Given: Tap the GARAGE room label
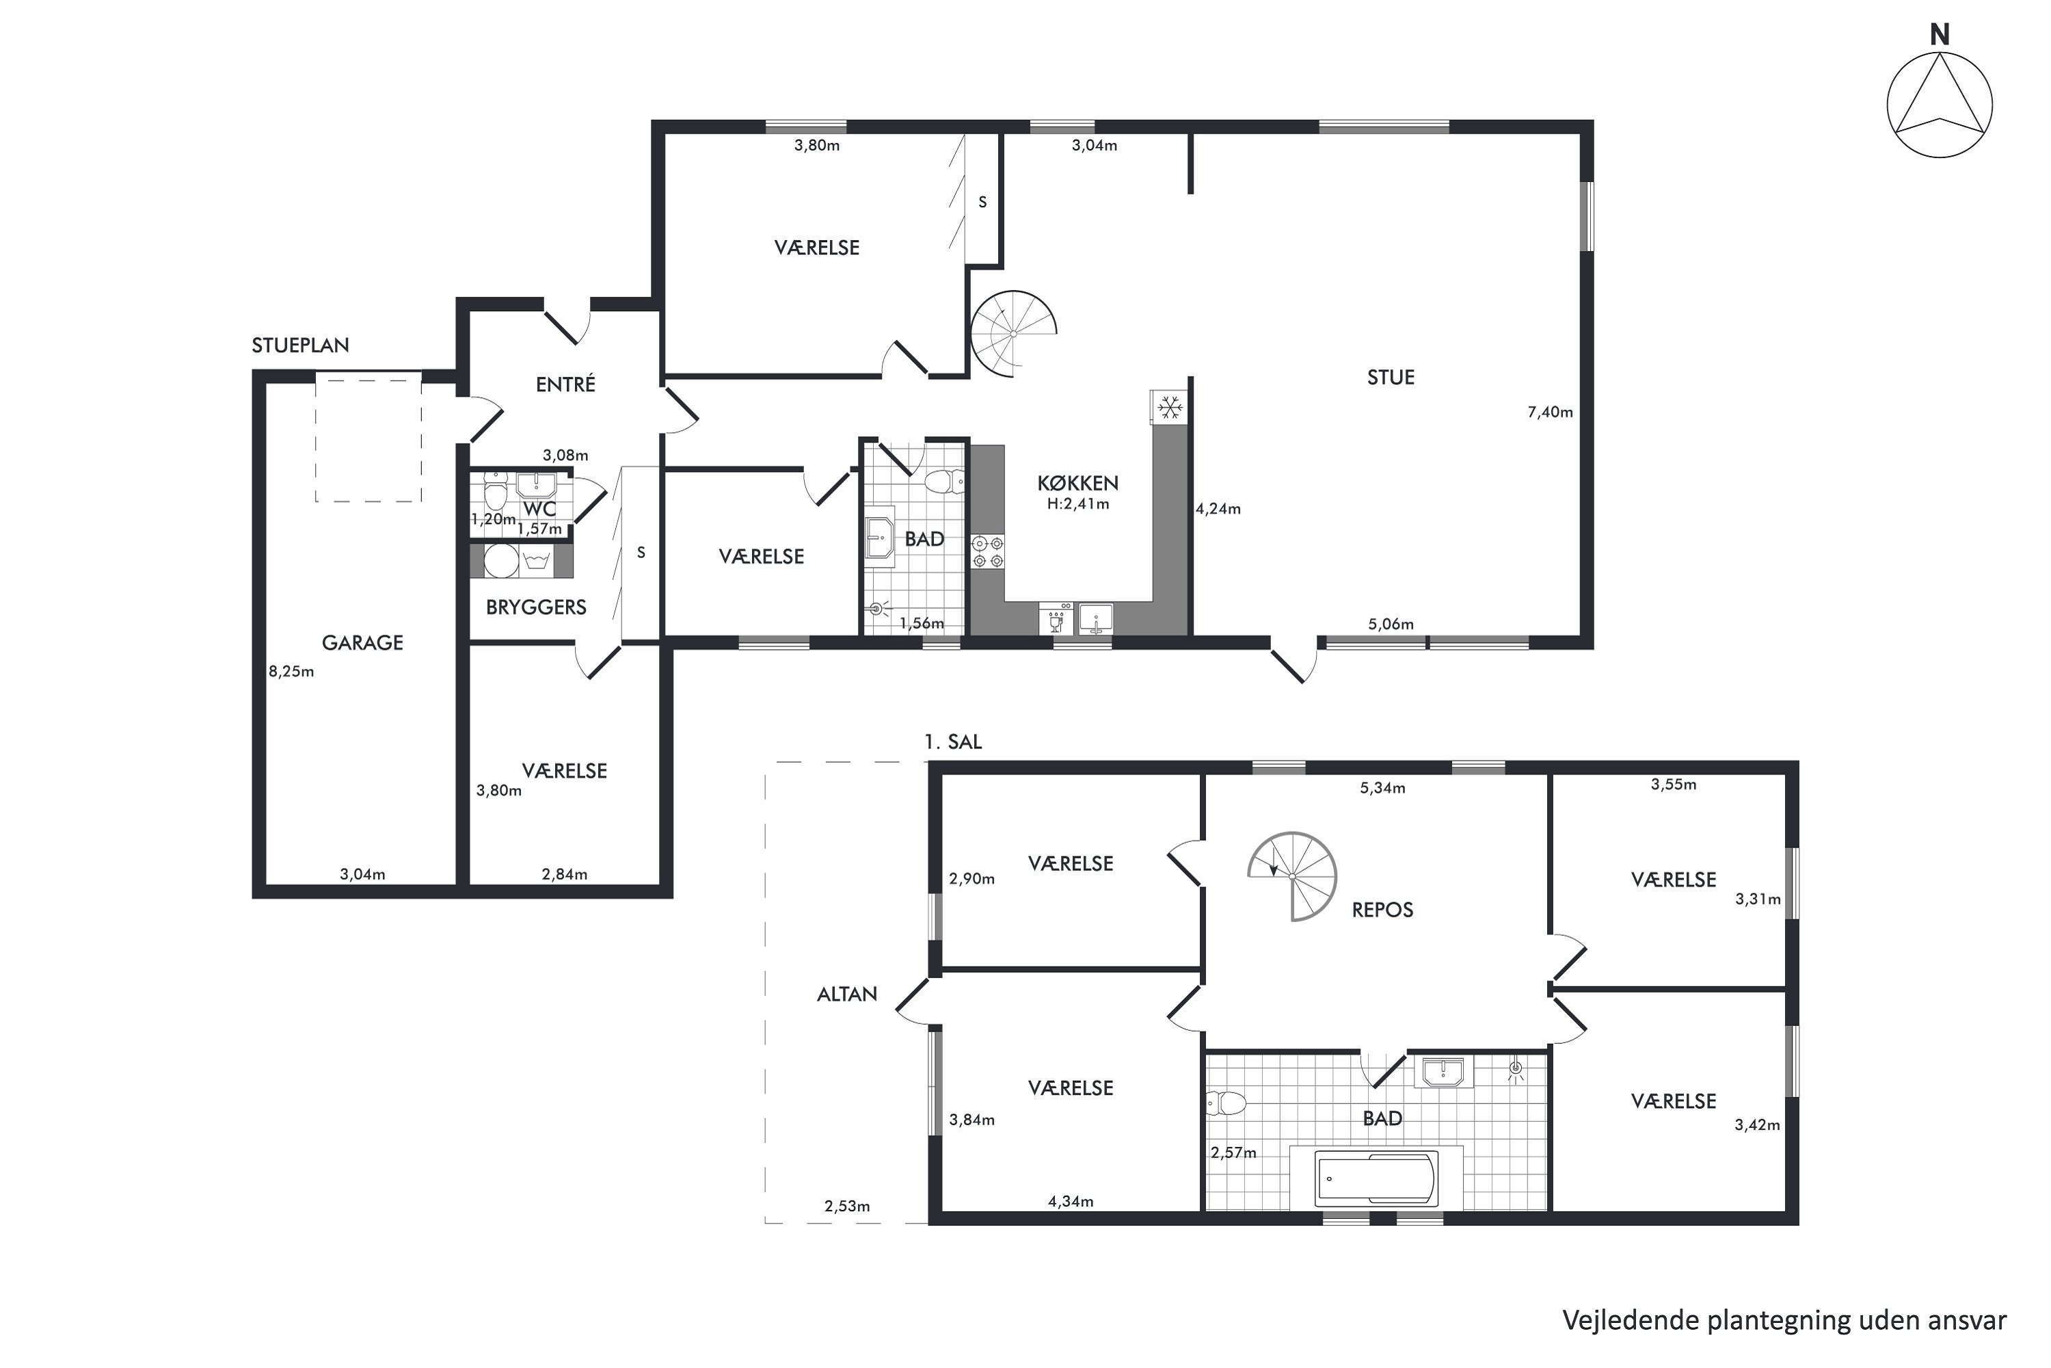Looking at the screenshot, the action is (x=363, y=643).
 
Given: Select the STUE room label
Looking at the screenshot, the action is (x=1391, y=378).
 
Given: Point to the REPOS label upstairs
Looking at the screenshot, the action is (x=1382, y=910).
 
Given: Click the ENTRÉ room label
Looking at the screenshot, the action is (x=565, y=384).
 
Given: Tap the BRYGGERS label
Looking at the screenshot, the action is (x=536, y=607).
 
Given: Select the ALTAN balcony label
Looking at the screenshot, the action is (x=847, y=994).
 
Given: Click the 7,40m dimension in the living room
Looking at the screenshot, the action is (x=1550, y=412).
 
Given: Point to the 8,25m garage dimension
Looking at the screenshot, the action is (x=291, y=671).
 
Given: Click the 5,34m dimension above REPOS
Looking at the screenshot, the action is (x=1382, y=788).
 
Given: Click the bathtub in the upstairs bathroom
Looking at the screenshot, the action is (x=1376, y=1178).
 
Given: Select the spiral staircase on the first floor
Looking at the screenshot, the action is (x=1292, y=877).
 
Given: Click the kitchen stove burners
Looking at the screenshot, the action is (x=988, y=551).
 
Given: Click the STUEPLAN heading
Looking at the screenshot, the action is (x=300, y=345).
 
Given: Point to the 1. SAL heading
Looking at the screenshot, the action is (x=953, y=741).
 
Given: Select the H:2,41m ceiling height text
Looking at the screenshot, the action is (x=1078, y=504).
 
